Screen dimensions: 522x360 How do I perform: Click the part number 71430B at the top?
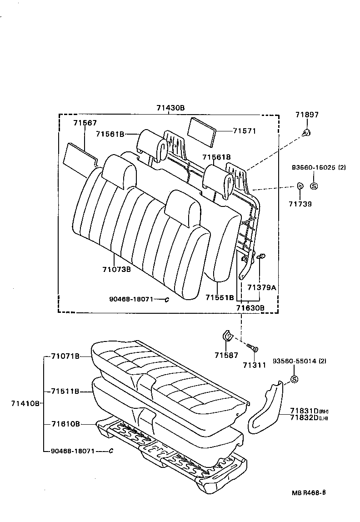coord(170,108)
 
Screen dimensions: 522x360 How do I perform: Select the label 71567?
coord(85,123)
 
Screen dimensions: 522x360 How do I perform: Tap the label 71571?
coord(245,131)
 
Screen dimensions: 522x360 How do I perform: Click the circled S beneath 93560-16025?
coord(314,186)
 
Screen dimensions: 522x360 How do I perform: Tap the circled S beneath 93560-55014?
coord(294,380)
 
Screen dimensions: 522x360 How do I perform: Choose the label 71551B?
coord(219,297)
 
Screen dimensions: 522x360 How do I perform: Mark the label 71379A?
coord(261,287)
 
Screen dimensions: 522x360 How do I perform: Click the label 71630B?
coord(250,308)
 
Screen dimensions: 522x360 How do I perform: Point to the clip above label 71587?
coord(226,336)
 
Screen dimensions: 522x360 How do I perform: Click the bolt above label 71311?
coord(252,348)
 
